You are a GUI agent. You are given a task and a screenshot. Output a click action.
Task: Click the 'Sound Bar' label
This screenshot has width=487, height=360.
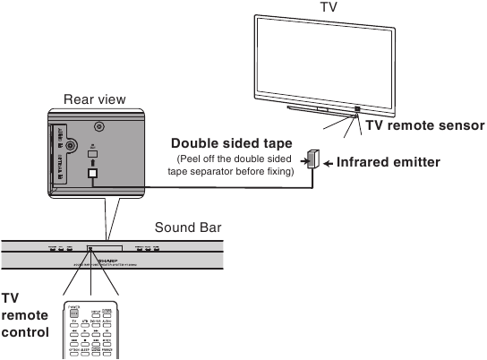coord(183,227)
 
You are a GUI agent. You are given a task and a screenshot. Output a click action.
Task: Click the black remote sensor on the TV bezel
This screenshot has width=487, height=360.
coord(357,109)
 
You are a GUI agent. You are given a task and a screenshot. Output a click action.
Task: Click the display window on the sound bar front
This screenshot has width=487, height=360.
coord(105,246)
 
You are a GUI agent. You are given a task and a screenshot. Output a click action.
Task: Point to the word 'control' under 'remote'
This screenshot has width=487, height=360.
coord(25,334)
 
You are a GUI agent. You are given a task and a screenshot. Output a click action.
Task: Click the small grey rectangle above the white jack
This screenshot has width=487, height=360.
coord(92,153)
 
